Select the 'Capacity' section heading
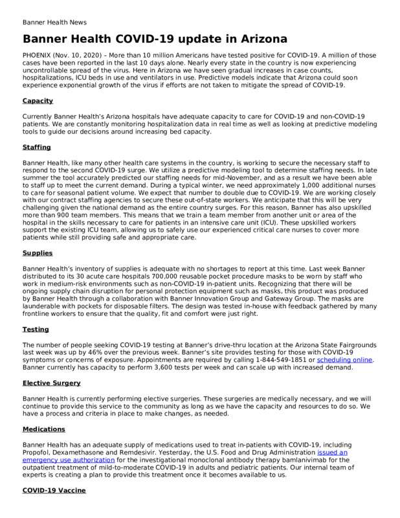(38, 101)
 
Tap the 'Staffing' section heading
(36, 148)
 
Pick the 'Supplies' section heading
(37, 253)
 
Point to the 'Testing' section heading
(36, 330)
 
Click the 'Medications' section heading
(44, 429)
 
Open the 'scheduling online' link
(344, 360)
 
